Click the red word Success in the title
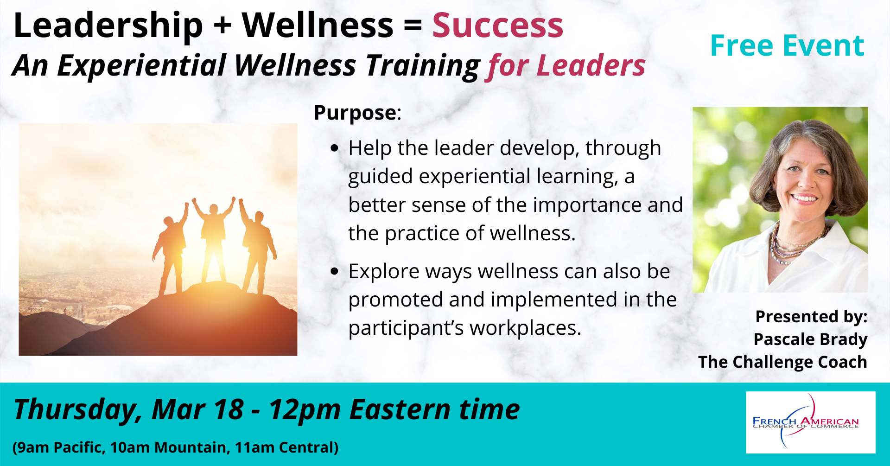pyautogui.click(x=498, y=25)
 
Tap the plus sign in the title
pyautogui.click(x=222, y=26)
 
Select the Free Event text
pyautogui.click(x=787, y=45)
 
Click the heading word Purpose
pyautogui.click(x=355, y=112)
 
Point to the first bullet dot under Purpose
pyautogui.click(x=335, y=149)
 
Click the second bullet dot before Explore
pyautogui.click(x=335, y=272)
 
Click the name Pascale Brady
pyautogui.click(x=810, y=339)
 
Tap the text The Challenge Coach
pyautogui.click(x=782, y=362)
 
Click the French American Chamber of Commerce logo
pyautogui.click(x=810, y=422)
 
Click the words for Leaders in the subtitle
pyautogui.click(x=566, y=66)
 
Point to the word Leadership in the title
pyautogui.click(x=108, y=26)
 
